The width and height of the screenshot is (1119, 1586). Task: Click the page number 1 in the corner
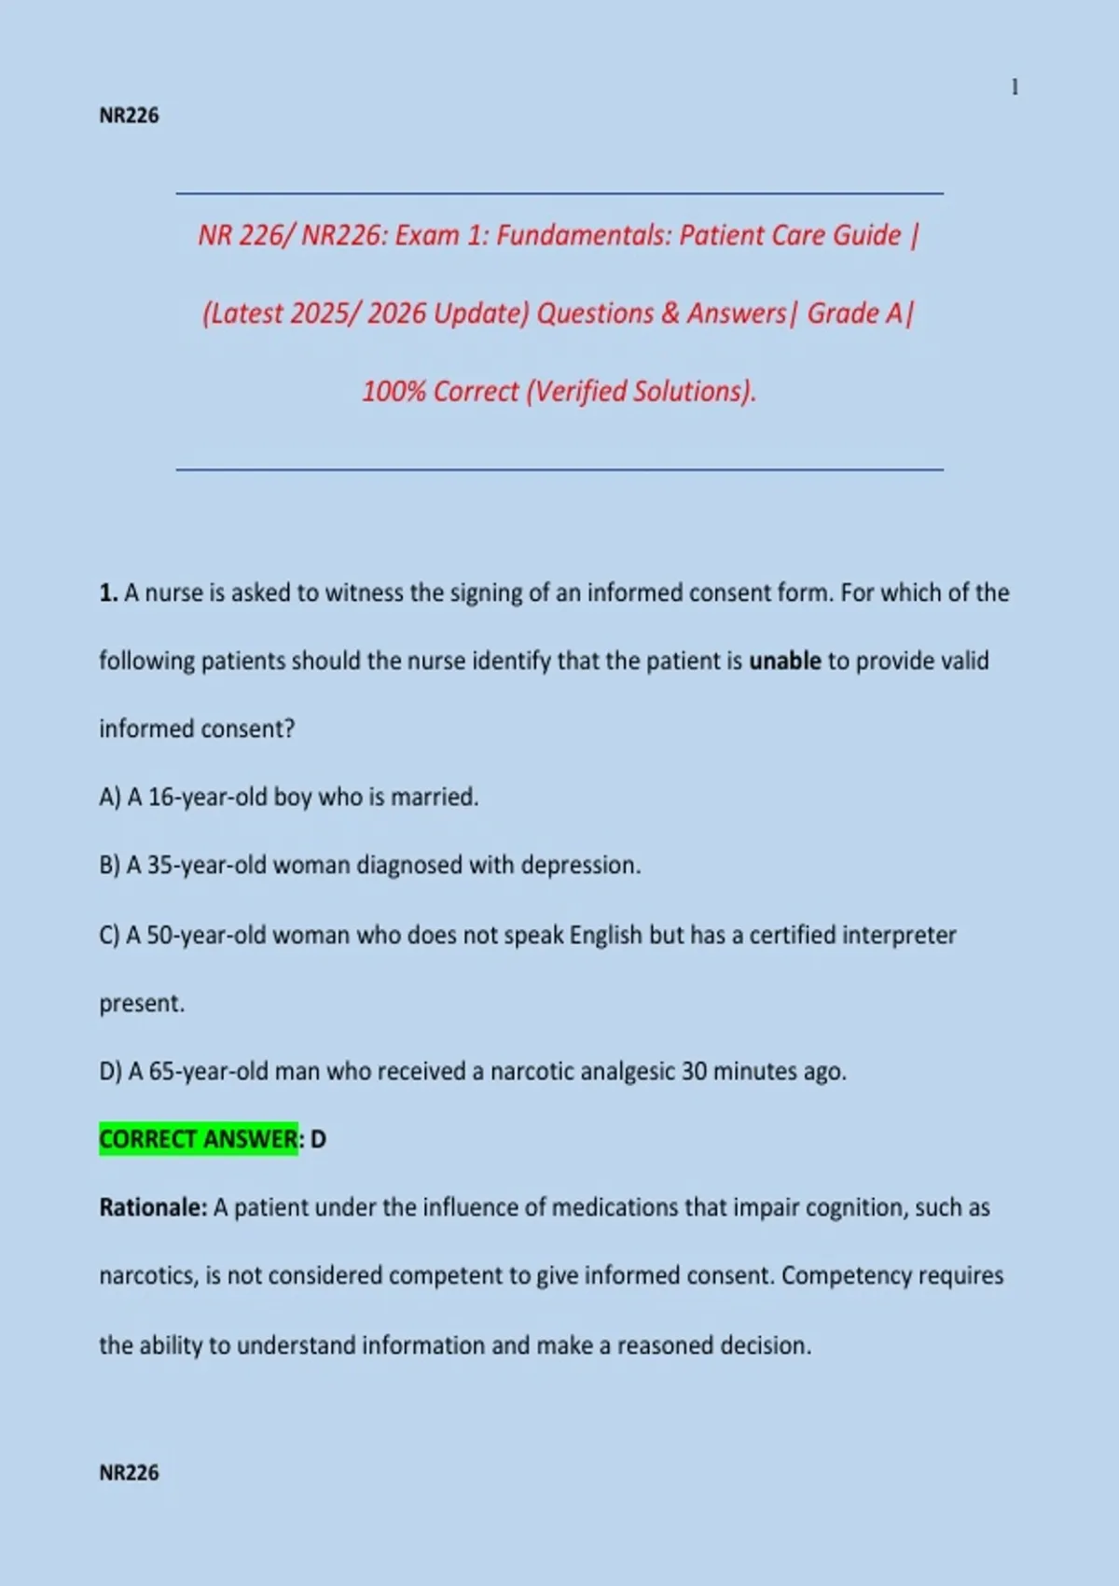click(x=1015, y=88)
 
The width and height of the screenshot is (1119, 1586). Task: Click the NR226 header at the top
click(x=129, y=116)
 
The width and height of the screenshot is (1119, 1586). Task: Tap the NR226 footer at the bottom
click(x=129, y=1472)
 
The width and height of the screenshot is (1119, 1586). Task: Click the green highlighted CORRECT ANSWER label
click(x=199, y=1139)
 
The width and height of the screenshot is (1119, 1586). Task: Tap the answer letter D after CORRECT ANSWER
click(x=318, y=1139)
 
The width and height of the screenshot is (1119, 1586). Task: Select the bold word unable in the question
click(x=784, y=661)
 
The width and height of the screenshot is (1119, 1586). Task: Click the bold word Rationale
click(x=153, y=1207)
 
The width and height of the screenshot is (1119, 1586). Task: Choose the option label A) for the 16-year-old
click(x=110, y=798)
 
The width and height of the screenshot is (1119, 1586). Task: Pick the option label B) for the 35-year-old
click(x=110, y=866)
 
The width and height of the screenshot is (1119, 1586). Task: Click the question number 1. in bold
click(x=108, y=593)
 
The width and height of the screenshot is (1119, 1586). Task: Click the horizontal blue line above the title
click(x=559, y=193)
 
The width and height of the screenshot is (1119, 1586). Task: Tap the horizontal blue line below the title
click(x=559, y=469)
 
